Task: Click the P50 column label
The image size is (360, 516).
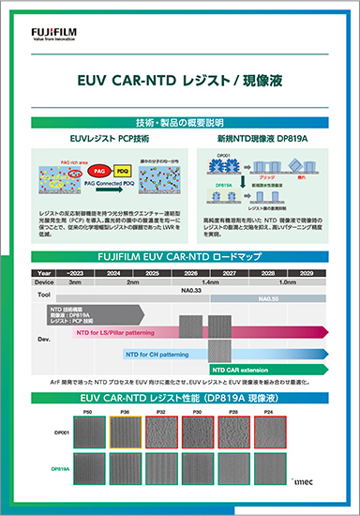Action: pyautogui.click(x=87, y=412)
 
